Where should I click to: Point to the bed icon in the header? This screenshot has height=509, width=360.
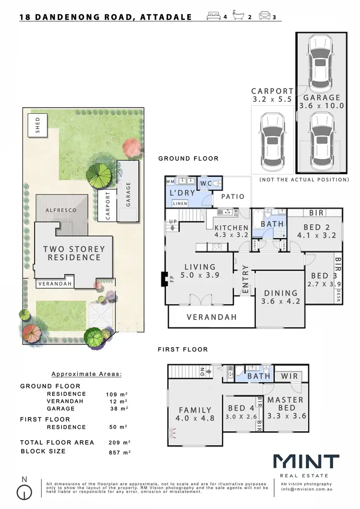pyautogui.click(x=214, y=17)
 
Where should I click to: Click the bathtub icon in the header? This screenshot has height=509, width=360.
pyautogui.click(x=239, y=17)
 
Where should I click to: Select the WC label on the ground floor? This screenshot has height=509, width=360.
pyautogui.click(x=206, y=184)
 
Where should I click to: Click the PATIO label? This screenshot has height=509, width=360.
pyautogui.click(x=232, y=196)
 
